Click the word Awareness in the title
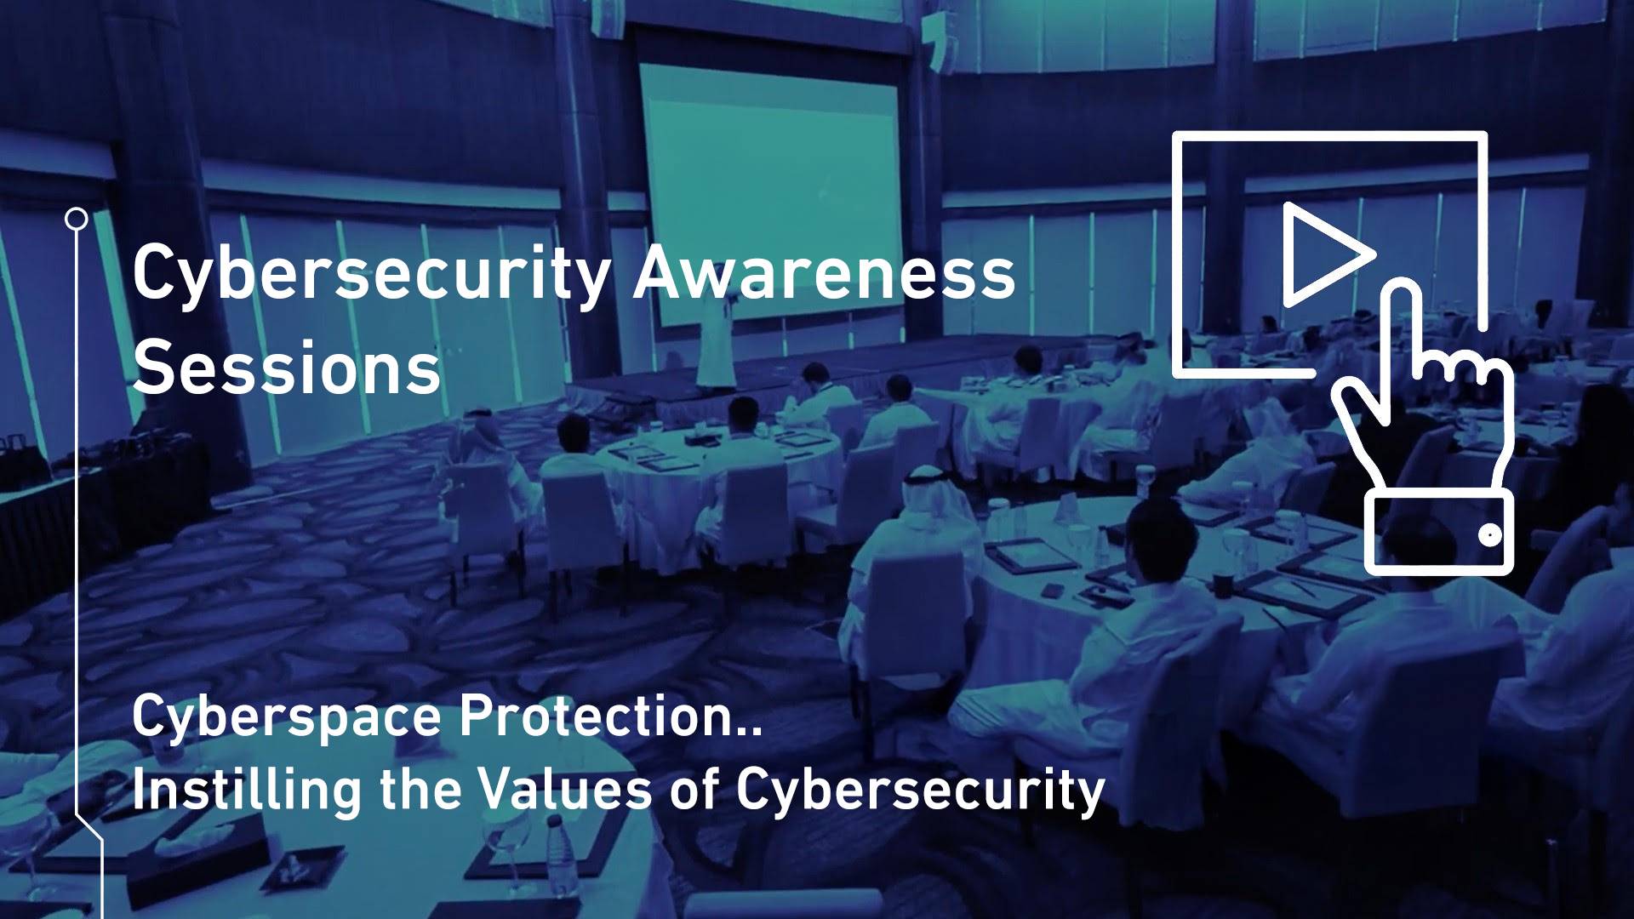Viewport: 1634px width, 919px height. (x=824, y=273)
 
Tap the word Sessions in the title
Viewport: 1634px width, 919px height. (x=287, y=368)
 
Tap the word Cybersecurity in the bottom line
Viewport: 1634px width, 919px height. (x=920, y=791)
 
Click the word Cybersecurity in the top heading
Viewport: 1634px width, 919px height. (x=371, y=275)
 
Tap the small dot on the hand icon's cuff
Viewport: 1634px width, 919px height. (x=1489, y=535)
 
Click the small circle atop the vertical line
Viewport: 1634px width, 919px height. (x=77, y=220)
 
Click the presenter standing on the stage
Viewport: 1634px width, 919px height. (x=716, y=340)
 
